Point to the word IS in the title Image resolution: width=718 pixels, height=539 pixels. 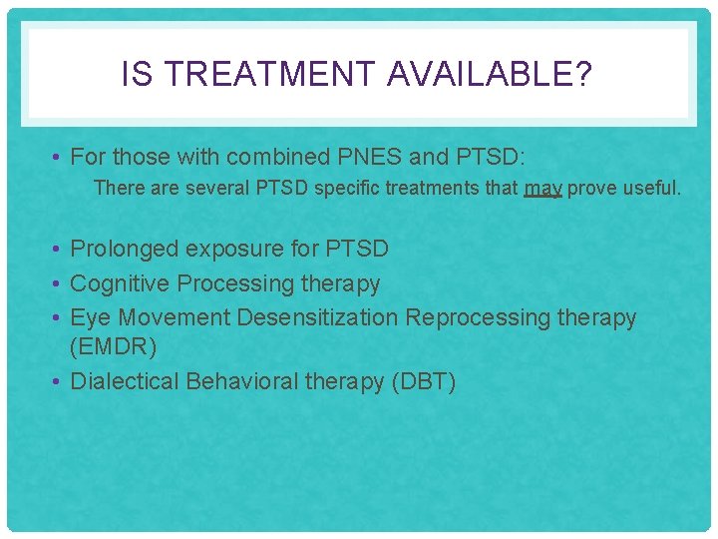[136, 74]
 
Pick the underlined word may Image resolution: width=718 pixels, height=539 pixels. [543, 188]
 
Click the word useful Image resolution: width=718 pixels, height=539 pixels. [652, 188]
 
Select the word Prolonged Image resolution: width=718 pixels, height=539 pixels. [125, 249]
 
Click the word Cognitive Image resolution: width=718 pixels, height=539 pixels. [121, 283]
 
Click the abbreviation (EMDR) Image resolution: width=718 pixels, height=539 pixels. [114, 347]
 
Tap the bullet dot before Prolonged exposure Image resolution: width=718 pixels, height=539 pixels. [59, 249]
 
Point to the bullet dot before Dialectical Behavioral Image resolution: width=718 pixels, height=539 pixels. [59, 381]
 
